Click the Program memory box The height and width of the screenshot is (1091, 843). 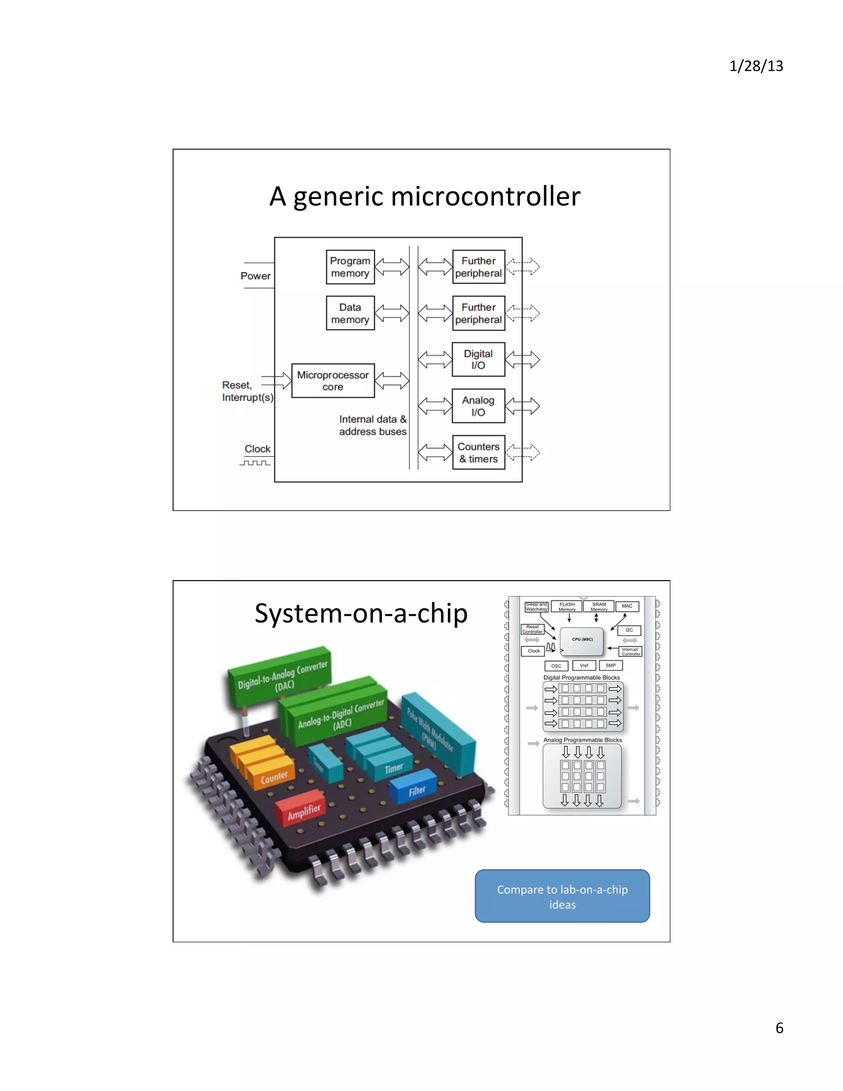point(350,267)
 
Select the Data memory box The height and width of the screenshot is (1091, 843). point(350,313)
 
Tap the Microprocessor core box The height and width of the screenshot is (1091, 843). point(333,381)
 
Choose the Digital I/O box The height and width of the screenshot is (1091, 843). point(478,359)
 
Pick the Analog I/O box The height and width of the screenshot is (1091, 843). point(478,406)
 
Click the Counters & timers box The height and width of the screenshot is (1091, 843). point(478,452)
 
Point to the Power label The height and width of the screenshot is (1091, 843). point(255,276)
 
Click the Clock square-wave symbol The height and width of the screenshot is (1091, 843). point(255,463)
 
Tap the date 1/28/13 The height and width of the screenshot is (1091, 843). point(756,66)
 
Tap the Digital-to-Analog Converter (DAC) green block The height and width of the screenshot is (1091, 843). point(279,677)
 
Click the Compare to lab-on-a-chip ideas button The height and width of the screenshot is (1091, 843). point(562,897)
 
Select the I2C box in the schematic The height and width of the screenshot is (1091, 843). point(629,630)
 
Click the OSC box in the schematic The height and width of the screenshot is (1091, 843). point(556,666)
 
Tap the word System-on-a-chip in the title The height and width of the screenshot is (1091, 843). point(361,613)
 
